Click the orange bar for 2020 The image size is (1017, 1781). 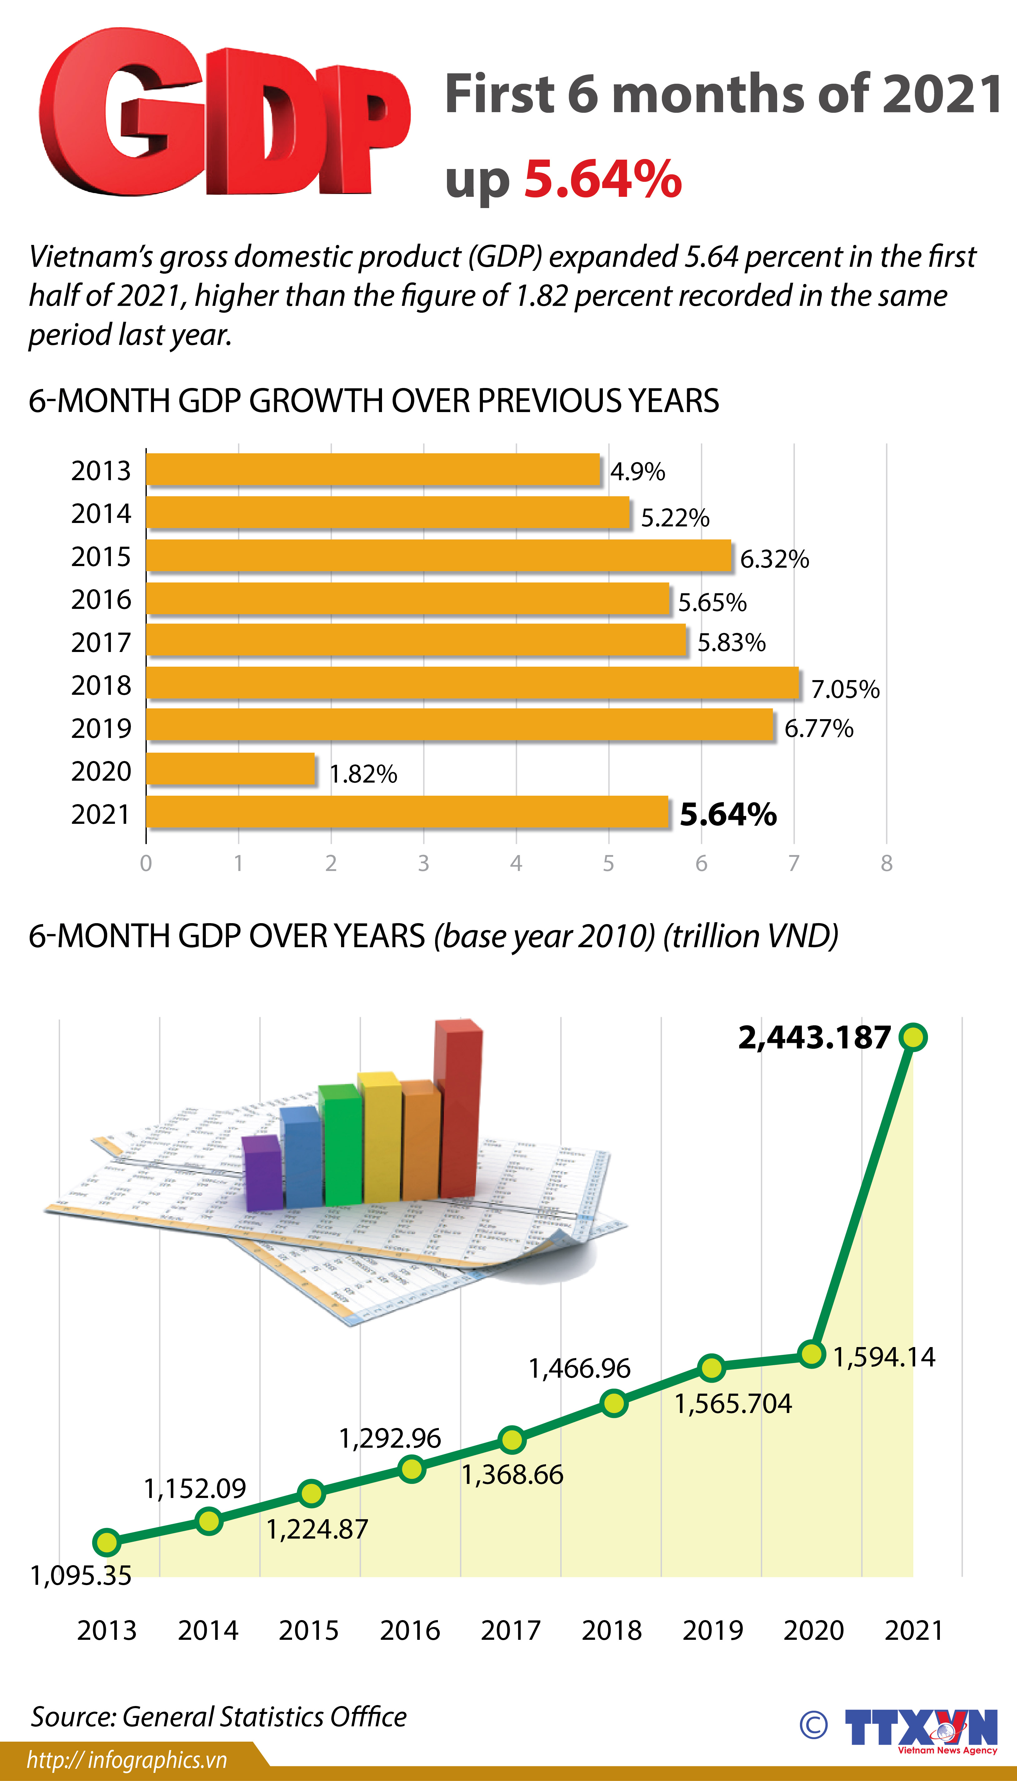pos(231,769)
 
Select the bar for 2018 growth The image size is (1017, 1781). pos(472,682)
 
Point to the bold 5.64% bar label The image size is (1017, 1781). pos(728,814)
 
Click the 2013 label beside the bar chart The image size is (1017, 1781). pos(101,471)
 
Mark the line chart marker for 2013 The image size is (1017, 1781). pos(107,1542)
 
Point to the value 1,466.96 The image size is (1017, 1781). pos(579,1368)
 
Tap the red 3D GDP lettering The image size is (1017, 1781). pos(224,115)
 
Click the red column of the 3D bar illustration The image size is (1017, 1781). pos(458,1111)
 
